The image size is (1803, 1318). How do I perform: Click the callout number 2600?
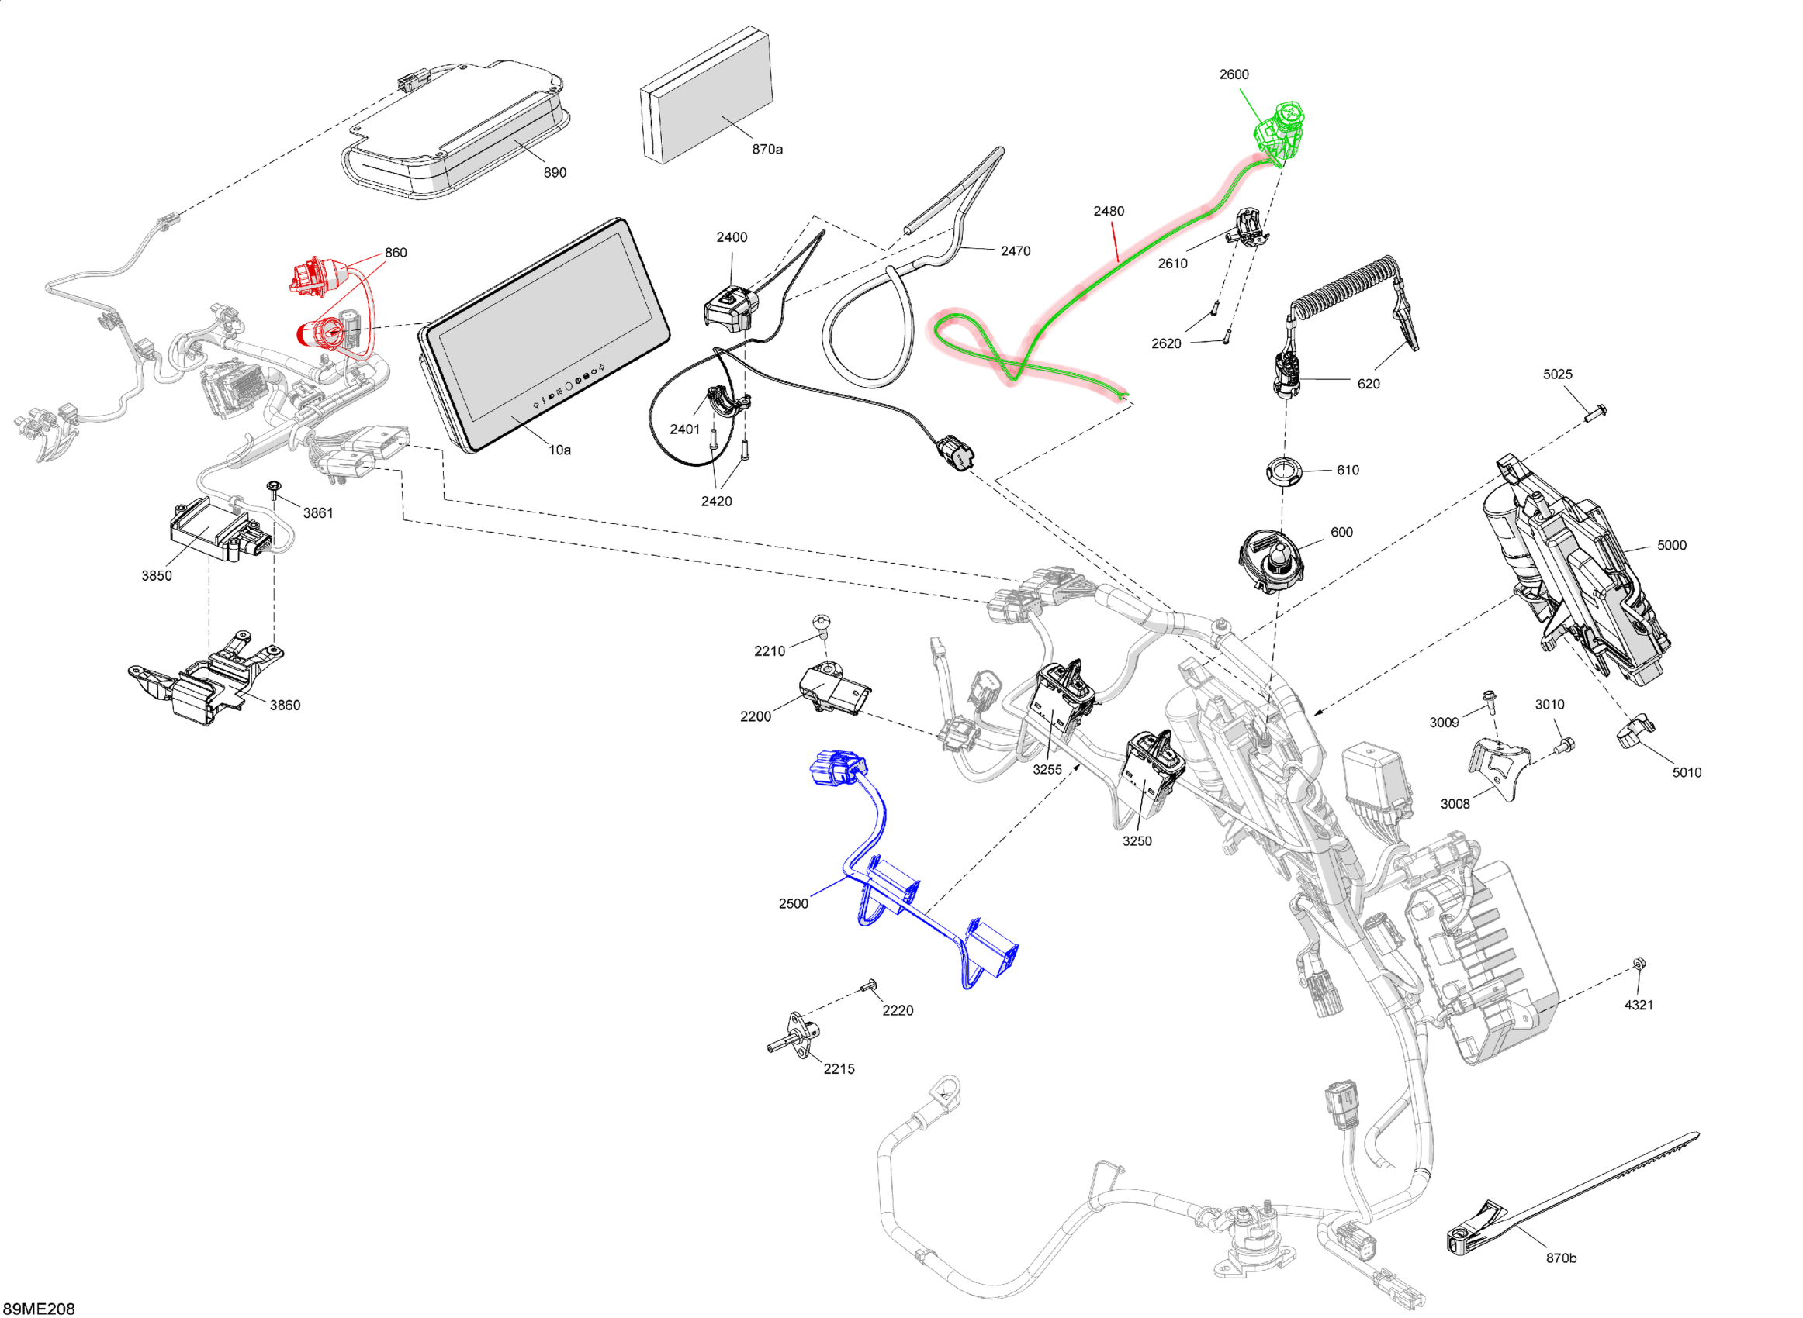pos(1233,74)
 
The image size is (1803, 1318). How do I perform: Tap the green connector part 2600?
pos(1280,131)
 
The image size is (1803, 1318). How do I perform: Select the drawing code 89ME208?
pos(38,1309)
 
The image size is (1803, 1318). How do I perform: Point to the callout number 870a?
pos(767,149)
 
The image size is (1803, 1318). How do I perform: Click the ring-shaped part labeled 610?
pos(1282,470)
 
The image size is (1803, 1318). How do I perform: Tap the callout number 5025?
pos(1557,374)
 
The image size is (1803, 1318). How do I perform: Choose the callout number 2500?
pos(794,903)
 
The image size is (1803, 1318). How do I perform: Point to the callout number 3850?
pos(157,576)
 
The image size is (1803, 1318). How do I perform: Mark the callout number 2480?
pos(1108,212)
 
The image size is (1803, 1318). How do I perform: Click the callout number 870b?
pos(1561,1258)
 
